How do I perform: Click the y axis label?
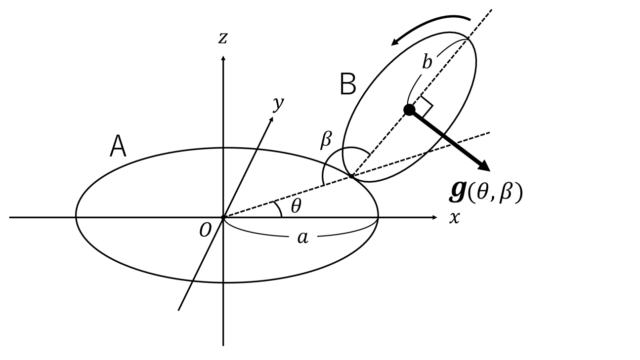pos(279,105)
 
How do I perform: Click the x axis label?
pos(454,218)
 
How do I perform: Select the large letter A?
pos(118,147)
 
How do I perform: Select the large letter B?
pos(348,84)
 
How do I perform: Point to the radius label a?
pos(302,238)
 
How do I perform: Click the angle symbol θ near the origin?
pos(296,207)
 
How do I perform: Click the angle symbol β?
pos(326,140)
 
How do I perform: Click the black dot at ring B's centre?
pos(409,110)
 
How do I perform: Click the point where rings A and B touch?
pos(351,175)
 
